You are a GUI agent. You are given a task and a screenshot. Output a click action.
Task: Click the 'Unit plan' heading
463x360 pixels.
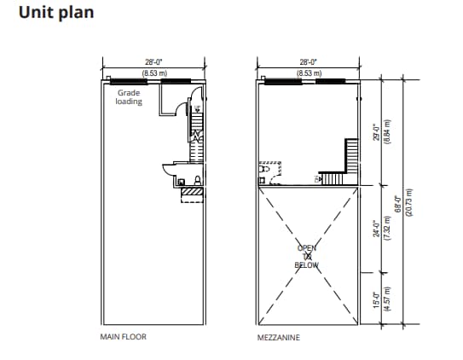pyautogui.click(x=56, y=13)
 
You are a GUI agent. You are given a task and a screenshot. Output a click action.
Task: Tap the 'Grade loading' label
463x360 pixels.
pyautogui.click(x=129, y=96)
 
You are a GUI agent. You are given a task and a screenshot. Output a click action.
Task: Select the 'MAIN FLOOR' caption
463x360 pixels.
pyautogui.click(x=124, y=337)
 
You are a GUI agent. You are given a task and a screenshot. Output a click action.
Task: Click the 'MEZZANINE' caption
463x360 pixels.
pyautogui.click(x=279, y=337)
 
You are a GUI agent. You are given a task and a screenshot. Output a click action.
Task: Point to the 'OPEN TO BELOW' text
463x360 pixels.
pyautogui.click(x=306, y=256)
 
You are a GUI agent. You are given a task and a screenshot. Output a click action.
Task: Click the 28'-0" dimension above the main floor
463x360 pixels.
pyautogui.click(x=154, y=62)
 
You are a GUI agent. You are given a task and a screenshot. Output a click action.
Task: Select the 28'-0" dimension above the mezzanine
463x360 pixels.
pyautogui.click(x=309, y=62)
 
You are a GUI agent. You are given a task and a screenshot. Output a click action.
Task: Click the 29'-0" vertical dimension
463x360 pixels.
pyautogui.click(x=375, y=132)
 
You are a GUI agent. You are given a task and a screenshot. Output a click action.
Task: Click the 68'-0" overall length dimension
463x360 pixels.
pyautogui.click(x=397, y=205)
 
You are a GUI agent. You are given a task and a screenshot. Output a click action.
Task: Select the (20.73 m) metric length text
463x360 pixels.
pyautogui.click(x=409, y=205)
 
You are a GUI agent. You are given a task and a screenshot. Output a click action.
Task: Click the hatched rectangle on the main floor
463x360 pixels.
pyautogui.click(x=192, y=195)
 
